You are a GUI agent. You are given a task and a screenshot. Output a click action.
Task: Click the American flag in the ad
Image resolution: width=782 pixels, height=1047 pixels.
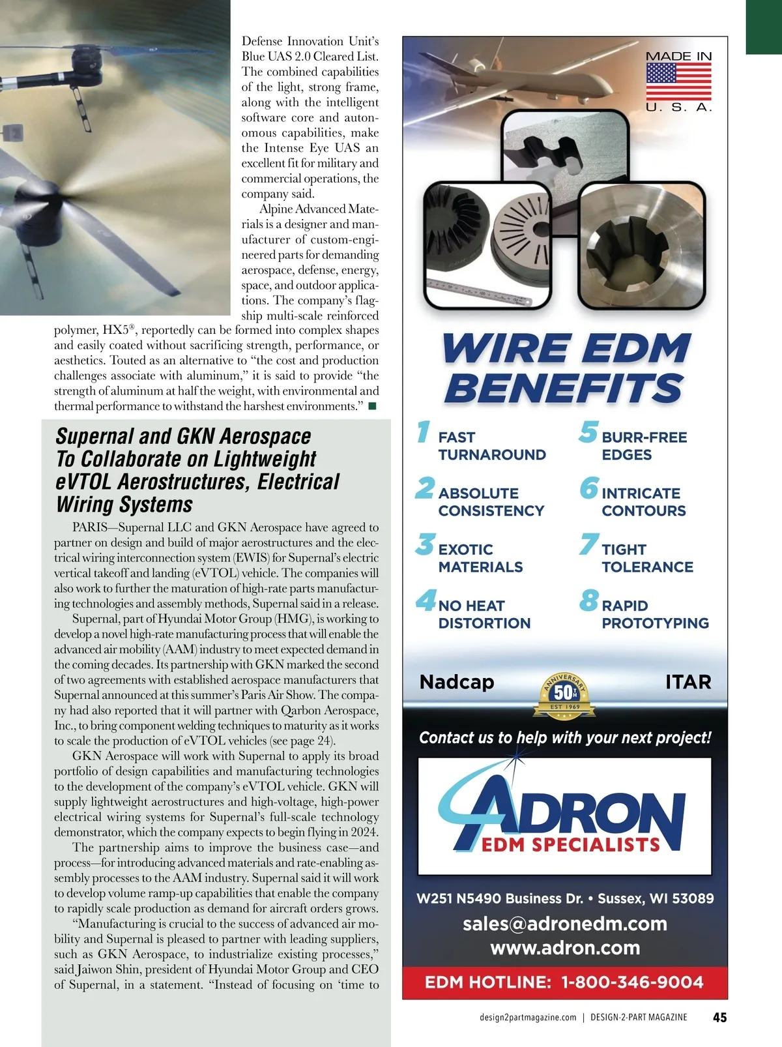coord(678,81)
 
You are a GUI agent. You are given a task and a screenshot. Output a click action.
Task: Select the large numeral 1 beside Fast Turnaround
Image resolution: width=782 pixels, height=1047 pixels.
coord(424,432)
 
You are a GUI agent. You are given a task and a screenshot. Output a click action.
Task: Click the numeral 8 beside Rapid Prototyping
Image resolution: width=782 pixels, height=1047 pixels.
coord(588,600)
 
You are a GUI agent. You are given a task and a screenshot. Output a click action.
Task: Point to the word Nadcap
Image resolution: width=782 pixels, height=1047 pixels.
coord(457,682)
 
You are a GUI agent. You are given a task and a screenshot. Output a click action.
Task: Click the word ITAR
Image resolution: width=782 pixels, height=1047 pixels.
coord(688,682)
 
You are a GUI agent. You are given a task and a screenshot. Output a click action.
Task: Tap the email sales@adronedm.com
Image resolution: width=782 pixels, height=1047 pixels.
coord(565,924)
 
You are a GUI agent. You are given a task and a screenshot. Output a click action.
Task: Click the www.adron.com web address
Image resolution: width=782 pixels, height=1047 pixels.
coord(565,948)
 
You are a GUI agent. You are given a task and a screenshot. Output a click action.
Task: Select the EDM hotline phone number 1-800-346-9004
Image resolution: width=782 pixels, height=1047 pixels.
coord(632,982)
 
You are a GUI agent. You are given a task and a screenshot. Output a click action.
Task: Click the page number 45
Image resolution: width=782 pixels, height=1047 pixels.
coord(719,1017)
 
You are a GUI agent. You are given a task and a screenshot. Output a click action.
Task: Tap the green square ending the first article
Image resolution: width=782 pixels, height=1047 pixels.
coord(373,406)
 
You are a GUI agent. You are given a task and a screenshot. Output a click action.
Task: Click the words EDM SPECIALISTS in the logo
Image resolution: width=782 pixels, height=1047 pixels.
coord(571,845)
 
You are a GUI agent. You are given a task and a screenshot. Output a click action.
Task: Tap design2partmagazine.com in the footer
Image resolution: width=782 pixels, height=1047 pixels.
coord(528,1017)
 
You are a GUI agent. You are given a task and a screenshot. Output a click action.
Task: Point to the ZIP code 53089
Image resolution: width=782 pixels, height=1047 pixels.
coord(693,898)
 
